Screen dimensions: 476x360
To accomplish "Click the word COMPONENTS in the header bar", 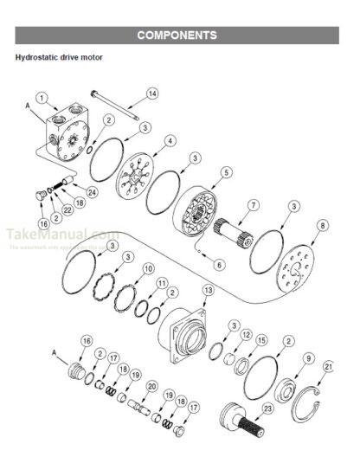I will tap(177, 35).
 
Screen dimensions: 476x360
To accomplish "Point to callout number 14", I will tap(152, 93).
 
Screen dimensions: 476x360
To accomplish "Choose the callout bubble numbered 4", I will tap(170, 140).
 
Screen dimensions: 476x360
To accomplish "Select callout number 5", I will tap(226, 172).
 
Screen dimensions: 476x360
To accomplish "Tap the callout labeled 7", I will tap(254, 205).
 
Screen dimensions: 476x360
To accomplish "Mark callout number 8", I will tap(323, 226).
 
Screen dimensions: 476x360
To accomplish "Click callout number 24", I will tap(93, 191).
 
